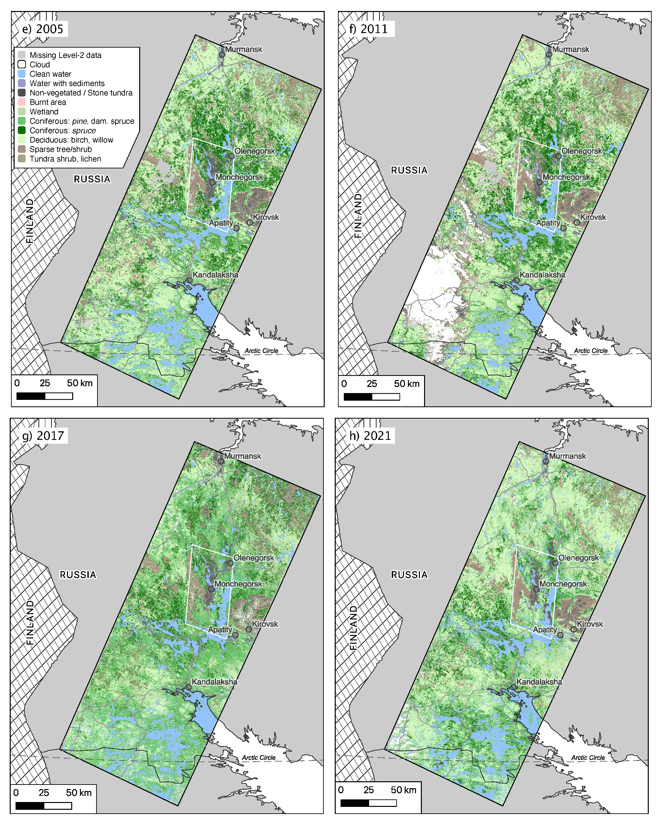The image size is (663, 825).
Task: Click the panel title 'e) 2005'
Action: [42, 29]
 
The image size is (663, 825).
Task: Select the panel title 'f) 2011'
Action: [368, 29]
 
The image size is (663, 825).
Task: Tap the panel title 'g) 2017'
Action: [42, 435]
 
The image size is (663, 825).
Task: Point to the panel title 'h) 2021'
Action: [370, 435]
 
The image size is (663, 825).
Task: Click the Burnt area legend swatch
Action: [22, 102]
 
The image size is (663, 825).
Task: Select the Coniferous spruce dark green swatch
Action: [22, 130]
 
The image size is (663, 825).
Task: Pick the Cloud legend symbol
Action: [22, 64]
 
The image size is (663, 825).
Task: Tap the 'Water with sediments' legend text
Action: [67, 84]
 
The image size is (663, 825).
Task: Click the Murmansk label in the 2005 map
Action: [244, 49]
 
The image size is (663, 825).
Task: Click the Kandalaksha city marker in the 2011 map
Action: [516, 280]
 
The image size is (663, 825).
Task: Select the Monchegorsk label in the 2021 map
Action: [563, 584]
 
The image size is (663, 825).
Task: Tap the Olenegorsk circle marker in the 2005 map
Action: [231, 156]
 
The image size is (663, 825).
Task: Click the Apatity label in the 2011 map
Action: [548, 223]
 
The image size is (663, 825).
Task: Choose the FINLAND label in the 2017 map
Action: [30, 622]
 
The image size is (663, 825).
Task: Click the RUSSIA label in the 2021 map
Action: [409, 575]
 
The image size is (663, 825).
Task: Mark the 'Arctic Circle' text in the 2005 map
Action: [261, 351]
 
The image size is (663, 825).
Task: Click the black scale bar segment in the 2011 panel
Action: [358, 397]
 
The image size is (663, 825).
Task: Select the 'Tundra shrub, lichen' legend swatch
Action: [22, 159]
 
